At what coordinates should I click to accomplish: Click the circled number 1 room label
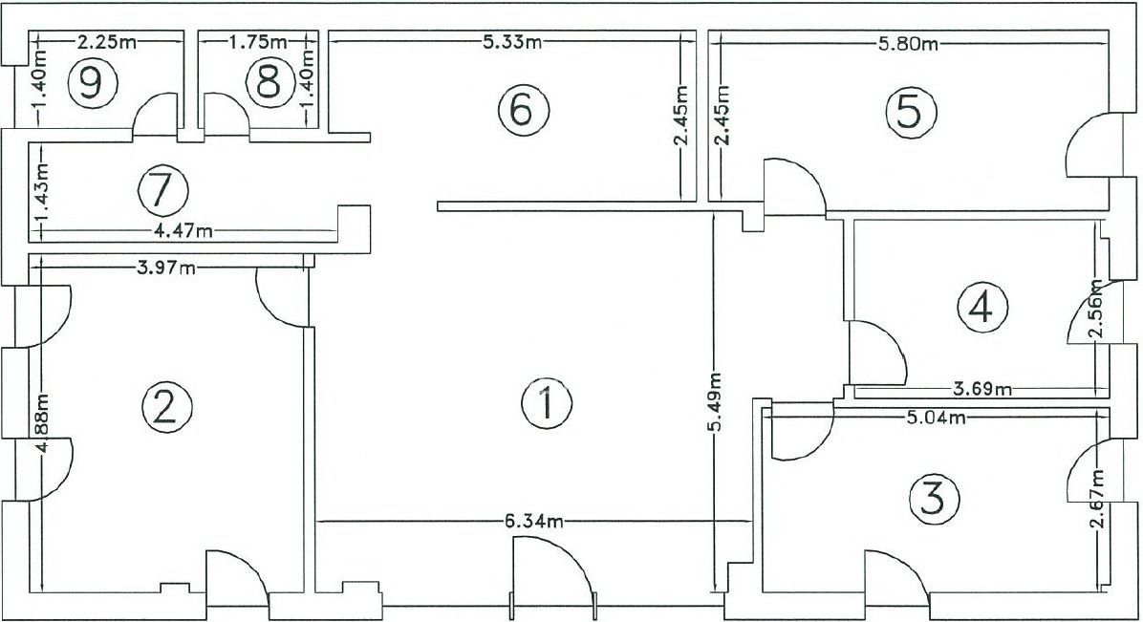[547, 403]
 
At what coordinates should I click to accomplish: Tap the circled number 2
[167, 407]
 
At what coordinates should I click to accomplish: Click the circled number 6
[522, 110]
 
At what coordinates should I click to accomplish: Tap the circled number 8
[269, 83]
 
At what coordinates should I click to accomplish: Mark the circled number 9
[92, 83]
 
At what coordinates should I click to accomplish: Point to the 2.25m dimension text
[104, 42]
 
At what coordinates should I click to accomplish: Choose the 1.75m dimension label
[258, 42]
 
